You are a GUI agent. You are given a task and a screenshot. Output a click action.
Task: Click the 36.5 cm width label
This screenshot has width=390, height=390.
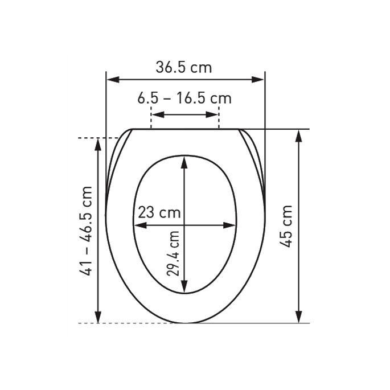coord(183,68)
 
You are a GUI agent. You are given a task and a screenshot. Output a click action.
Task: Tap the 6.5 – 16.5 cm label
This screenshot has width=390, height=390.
coord(184,98)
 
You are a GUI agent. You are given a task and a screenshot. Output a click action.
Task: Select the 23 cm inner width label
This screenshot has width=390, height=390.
coord(159,214)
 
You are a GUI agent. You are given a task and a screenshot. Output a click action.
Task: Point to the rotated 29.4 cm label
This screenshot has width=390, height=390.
coord(174,252)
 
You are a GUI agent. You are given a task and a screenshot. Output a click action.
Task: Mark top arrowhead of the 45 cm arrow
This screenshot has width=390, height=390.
coord(299,134)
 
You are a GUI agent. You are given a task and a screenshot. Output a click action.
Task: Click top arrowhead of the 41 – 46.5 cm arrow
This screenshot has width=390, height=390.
coord(98,142)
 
